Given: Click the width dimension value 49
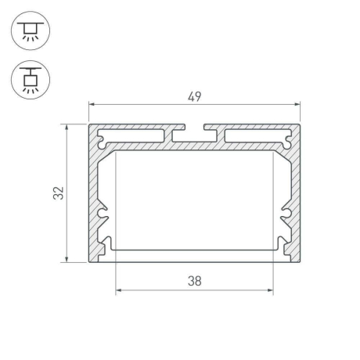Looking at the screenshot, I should pos(194,96).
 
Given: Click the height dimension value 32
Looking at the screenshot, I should pos(59,193).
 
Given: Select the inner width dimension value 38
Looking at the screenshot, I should pos(194,282).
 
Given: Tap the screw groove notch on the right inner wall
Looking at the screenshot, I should pos(286,212).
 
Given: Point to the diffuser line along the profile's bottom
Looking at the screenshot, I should pos(194,250).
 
